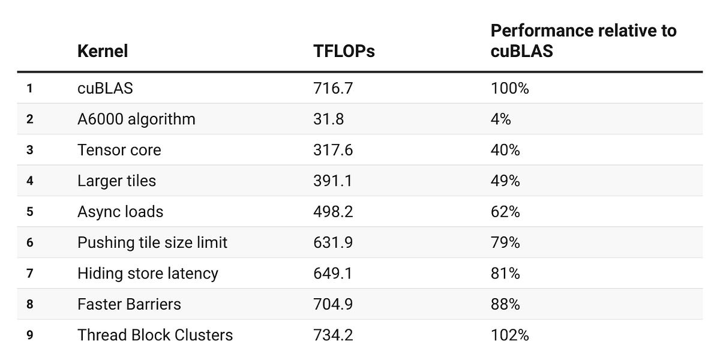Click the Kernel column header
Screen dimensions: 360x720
coord(103,51)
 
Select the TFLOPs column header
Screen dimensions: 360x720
coord(344,52)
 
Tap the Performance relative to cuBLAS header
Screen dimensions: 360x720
coord(583,41)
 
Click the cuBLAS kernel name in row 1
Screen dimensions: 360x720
coord(105,88)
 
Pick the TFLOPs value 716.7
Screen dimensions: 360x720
coord(333,88)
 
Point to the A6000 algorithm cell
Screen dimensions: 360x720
coord(136,119)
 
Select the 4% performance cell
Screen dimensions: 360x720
coord(500,119)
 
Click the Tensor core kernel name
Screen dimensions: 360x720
coord(119,150)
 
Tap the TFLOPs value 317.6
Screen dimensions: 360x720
coord(333,150)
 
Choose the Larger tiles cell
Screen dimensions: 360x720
coord(116,181)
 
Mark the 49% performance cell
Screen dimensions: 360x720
coord(505,181)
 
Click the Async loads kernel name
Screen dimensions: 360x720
coord(120,212)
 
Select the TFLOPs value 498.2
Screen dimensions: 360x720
coord(333,212)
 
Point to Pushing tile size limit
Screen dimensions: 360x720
coord(152,242)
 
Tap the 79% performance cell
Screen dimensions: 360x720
coord(505,242)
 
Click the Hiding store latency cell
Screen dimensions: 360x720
coord(148,274)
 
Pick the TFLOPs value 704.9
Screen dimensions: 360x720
coord(333,304)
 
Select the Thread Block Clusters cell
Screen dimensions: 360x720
coord(155,335)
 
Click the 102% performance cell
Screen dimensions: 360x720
coord(509,335)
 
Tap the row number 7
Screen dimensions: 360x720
coord(30,274)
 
